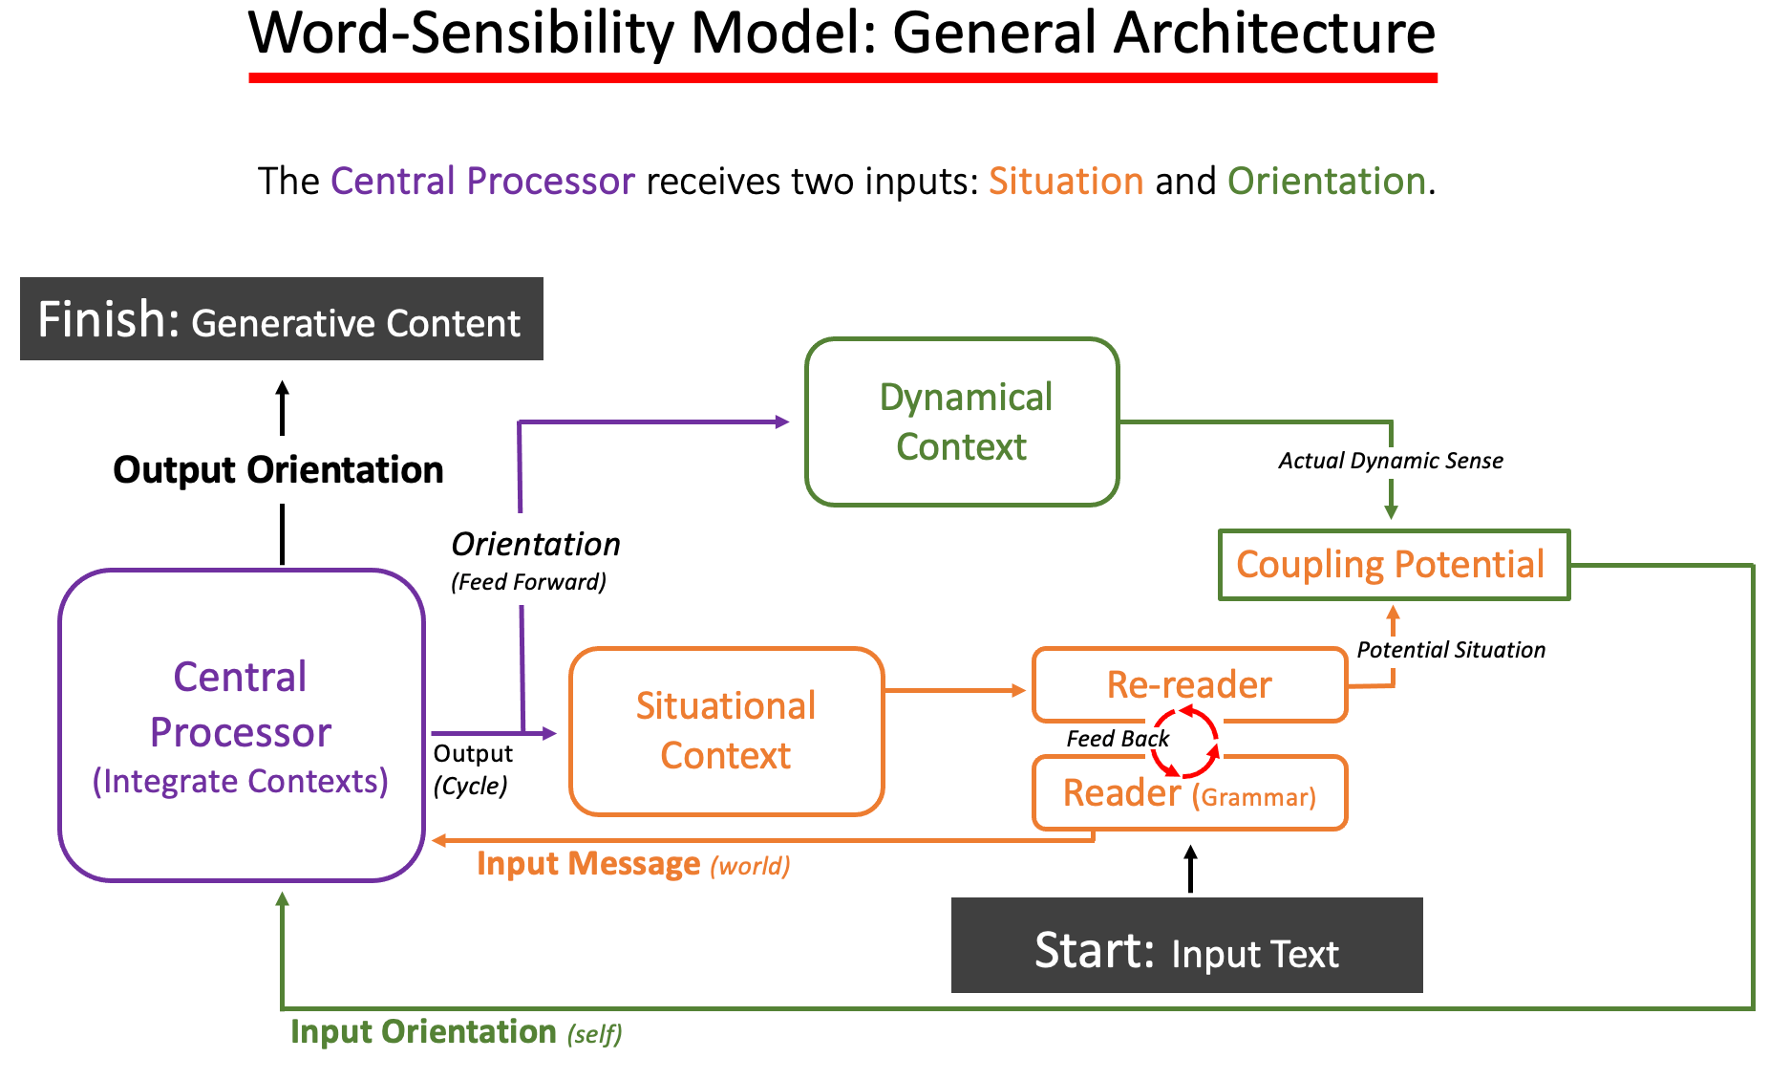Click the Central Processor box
241,724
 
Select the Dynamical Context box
962,421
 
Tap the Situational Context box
726,731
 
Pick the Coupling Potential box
1393,565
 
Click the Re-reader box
1189,684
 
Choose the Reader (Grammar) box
1189,793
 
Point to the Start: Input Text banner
1186,945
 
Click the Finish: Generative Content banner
281,319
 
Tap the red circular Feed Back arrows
1184,742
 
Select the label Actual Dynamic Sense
1390,461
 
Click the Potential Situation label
1450,650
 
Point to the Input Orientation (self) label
456,1032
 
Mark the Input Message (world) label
632,864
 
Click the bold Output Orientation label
278,470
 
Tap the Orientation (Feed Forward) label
535,560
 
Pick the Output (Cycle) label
473,769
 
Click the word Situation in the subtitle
1065,182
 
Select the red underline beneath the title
842,77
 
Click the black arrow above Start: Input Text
1190,869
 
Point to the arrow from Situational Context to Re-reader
955,689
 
